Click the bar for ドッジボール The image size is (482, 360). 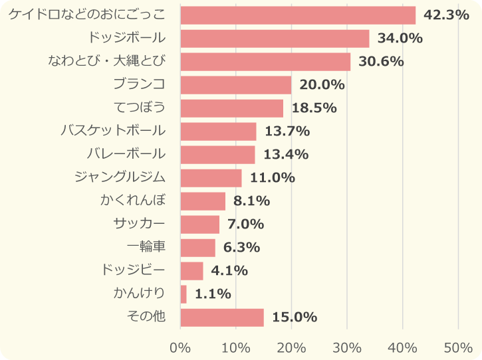(275, 39)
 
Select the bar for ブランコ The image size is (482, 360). (236, 85)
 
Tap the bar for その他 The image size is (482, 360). (222, 317)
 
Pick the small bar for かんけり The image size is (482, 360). (183, 294)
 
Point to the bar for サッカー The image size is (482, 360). (200, 225)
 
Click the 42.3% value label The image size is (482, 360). (446, 15)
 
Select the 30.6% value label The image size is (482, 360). (381, 62)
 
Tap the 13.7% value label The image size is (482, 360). (287, 132)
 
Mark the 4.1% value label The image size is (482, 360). (229, 271)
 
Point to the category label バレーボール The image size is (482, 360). (126, 153)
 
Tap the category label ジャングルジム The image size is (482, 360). (120, 177)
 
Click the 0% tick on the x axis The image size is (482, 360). (180, 347)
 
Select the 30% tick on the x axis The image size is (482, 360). (347, 347)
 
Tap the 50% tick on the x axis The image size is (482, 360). (458, 347)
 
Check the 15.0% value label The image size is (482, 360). (295, 317)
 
